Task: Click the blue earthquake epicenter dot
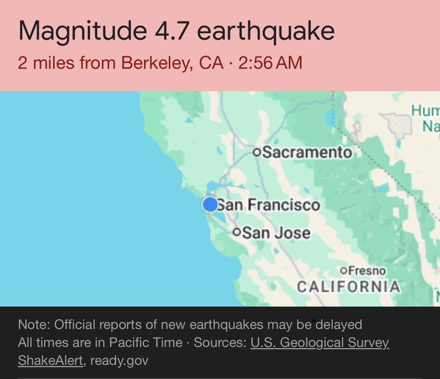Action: pyautogui.click(x=210, y=204)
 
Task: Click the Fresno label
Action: pyautogui.click(x=367, y=270)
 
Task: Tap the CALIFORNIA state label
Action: pyautogui.click(x=348, y=287)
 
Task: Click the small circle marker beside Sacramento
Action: pyautogui.click(x=257, y=152)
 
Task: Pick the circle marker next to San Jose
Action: pyautogui.click(x=236, y=233)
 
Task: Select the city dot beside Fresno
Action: pyautogui.click(x=344, y=270)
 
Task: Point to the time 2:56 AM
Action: pyautogui.click(x=270, y=63)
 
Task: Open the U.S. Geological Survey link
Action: pyautogui.click(x=319, y=343)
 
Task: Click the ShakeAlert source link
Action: pyautogui.click(x=51, y=360)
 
